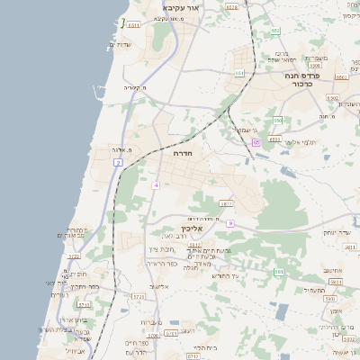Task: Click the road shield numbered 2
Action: [117, 162]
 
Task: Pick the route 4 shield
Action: [155, 185]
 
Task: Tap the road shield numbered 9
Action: [230, 222]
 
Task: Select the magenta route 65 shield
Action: [256, 141]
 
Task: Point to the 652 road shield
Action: [275, 31]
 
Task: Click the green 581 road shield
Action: [279, 271]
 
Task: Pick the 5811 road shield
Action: [336, 282]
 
